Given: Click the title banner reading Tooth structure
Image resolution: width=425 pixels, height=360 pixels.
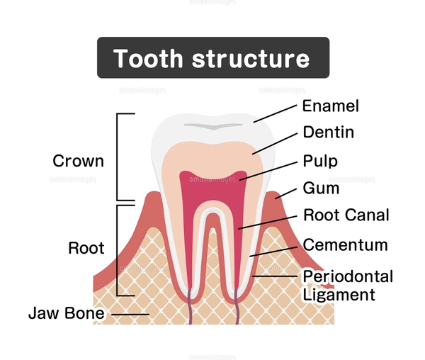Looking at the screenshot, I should pos(212,57).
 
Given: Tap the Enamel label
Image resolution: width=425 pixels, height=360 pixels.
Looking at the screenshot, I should pos(330,106).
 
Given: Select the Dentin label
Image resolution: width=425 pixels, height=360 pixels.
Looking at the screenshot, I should pos(328,133).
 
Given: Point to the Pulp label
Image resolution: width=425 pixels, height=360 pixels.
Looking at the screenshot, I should pos(320,161).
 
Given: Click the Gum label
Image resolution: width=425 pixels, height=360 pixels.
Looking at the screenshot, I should pos(321,189).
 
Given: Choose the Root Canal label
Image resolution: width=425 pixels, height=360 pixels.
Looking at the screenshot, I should pos(346,215).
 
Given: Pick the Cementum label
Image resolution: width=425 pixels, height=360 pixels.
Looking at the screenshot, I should pos(345,245).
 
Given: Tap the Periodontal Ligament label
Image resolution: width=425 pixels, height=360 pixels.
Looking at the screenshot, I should pos(347,284).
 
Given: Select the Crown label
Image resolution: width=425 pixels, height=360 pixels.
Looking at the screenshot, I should pos(78,161).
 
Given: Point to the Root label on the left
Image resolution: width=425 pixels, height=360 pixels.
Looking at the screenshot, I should pos(86,249).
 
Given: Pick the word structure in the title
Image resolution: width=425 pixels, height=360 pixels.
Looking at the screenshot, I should pos(251,58).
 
